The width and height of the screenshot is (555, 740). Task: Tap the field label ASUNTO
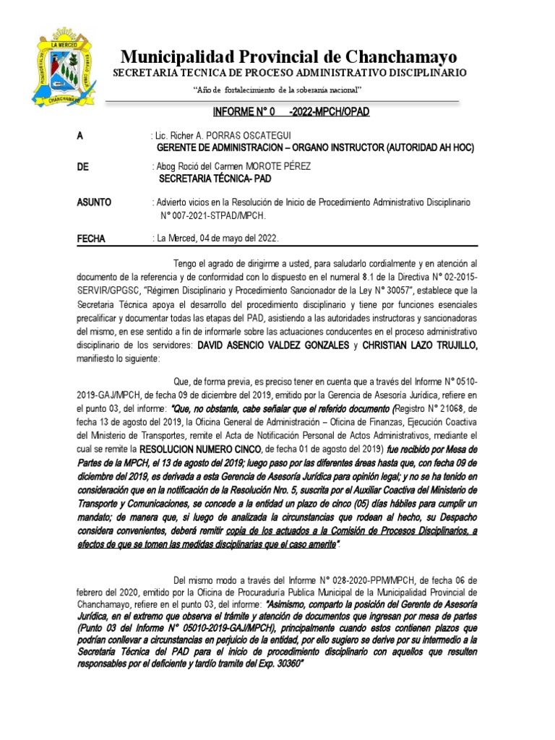(94, 202)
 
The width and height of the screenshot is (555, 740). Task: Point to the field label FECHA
(92, 238)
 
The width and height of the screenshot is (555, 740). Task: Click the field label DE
(82, 167)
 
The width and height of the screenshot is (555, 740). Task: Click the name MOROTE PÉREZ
(278, 167)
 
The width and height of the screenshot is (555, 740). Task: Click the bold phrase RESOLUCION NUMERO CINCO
(196, 449)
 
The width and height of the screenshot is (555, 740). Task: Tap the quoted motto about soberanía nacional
(278, 89)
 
